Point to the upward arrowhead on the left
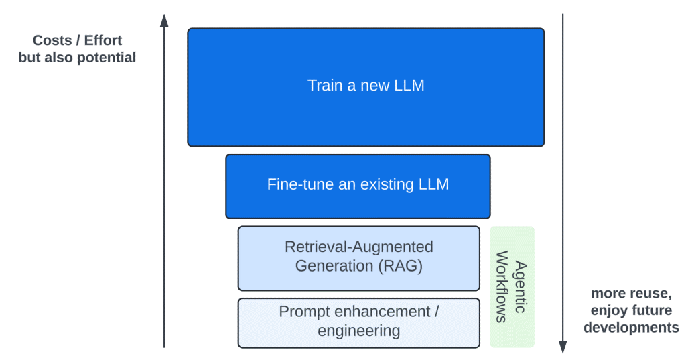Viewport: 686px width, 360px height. (x=164, y=19)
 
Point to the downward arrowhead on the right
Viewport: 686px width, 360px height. (x=563, y=346)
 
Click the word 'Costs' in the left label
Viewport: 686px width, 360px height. (x=52, y=40)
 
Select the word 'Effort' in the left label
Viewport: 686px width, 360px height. (x=103, y=40)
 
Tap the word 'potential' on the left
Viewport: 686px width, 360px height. (x=107, y=58)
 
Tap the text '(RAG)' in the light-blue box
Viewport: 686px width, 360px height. (x=400, y=265)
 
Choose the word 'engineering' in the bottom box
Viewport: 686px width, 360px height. (x=358, y=331)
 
